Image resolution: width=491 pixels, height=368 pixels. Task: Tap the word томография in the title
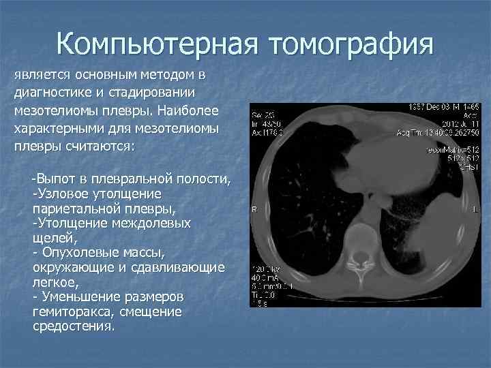click(352, 44)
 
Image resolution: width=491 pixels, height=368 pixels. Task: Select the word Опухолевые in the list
click(82, 252)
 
